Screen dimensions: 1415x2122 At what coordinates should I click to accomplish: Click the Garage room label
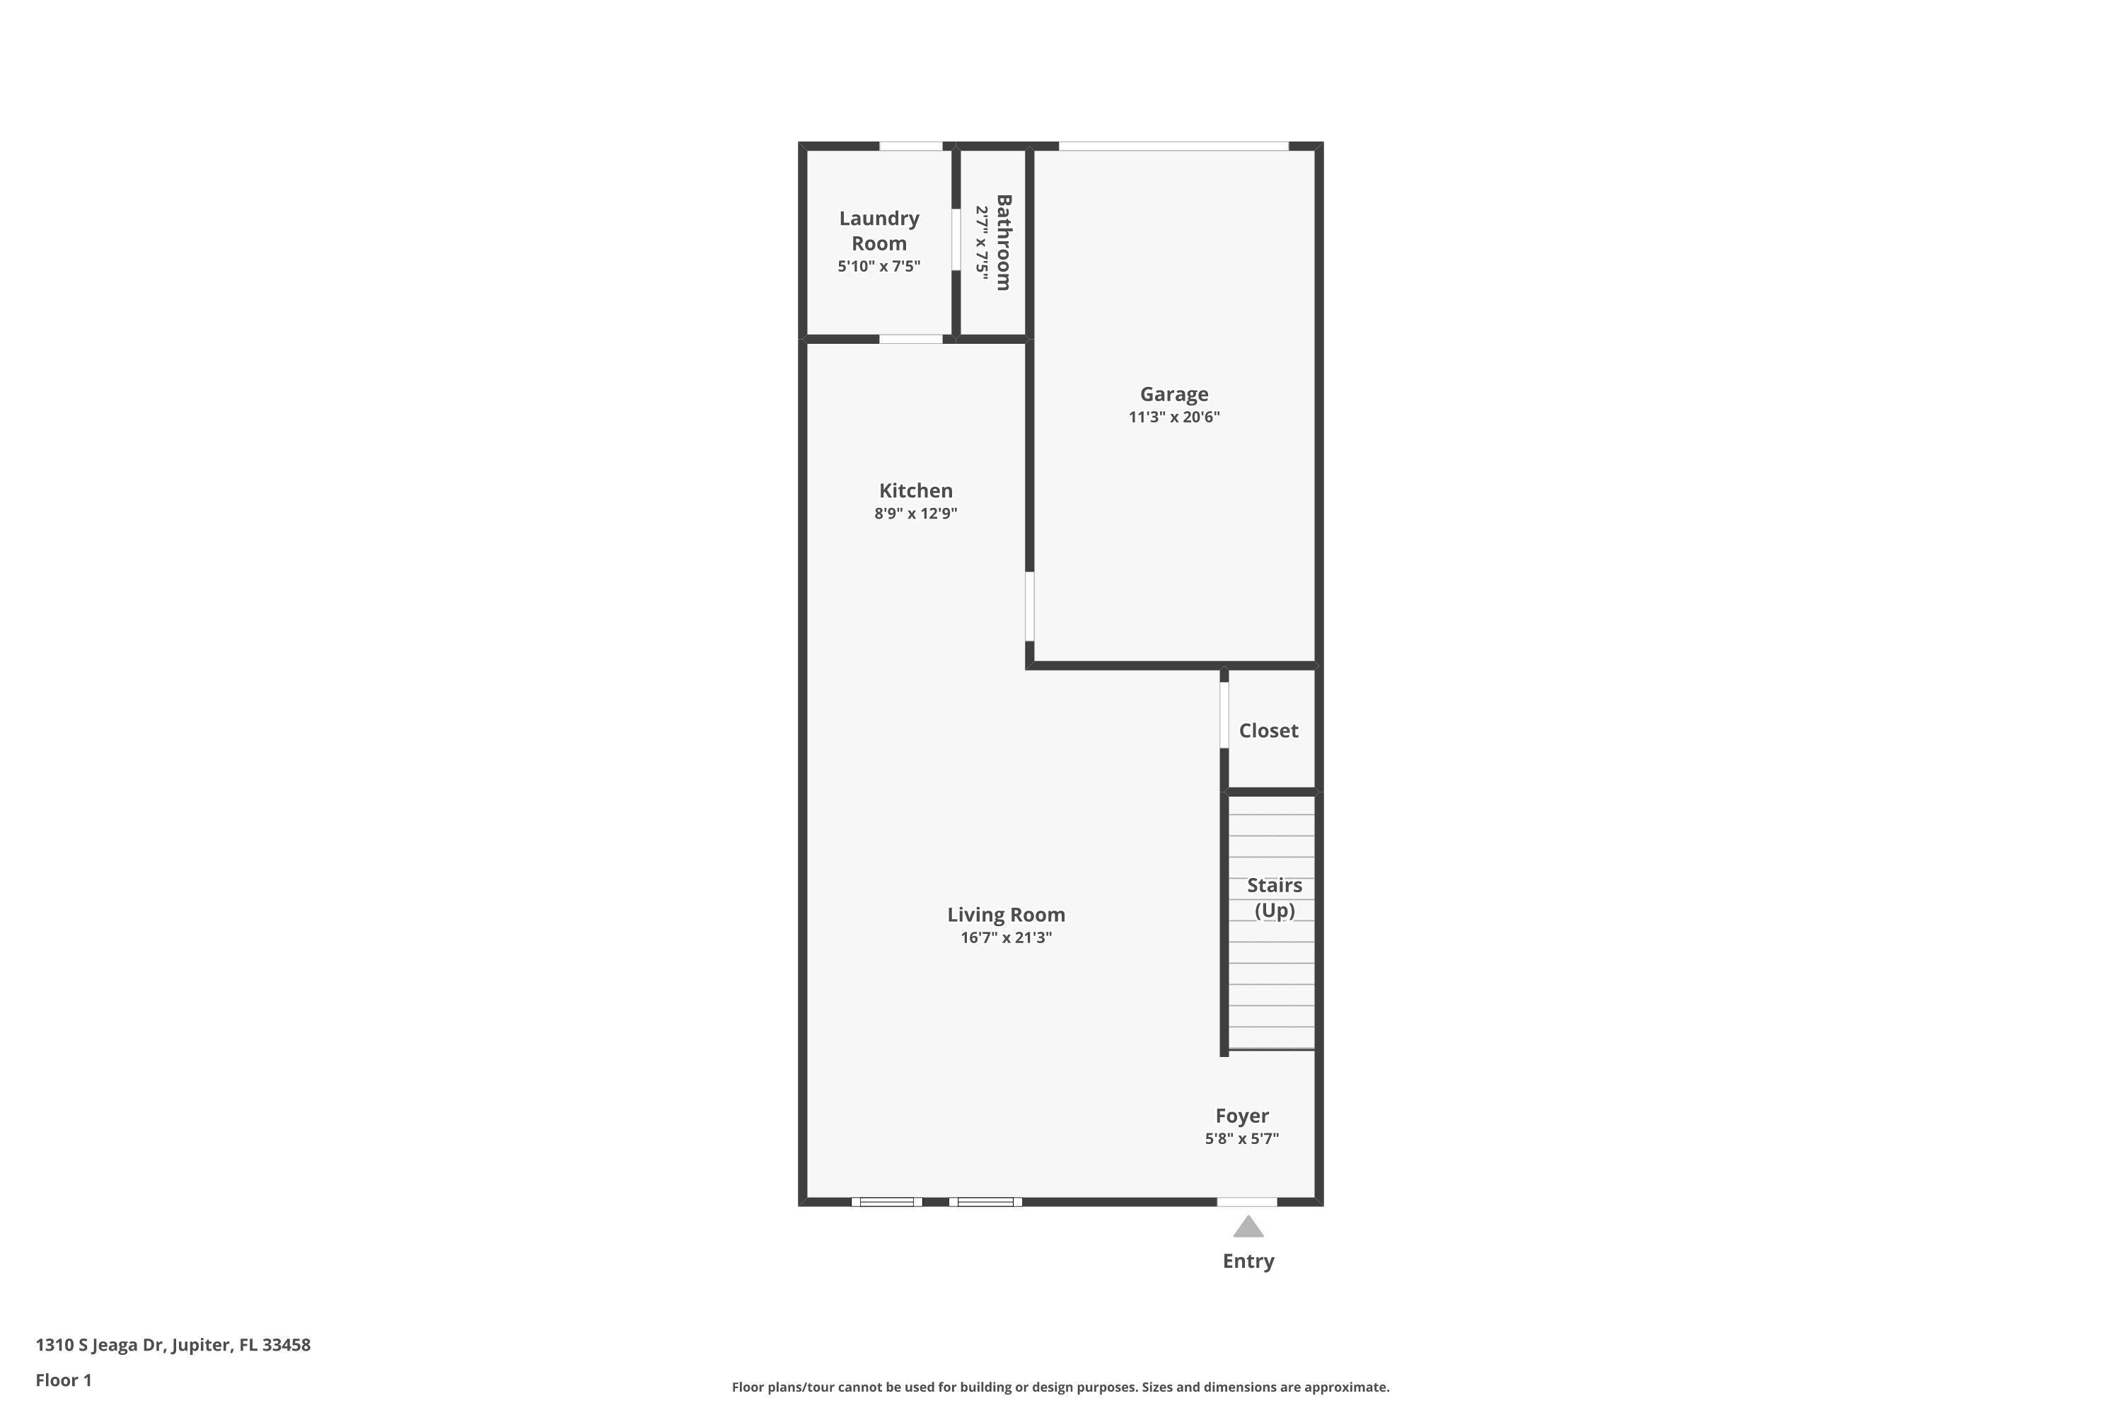[1173, 394]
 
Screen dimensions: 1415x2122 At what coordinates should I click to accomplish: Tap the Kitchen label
[916, 491]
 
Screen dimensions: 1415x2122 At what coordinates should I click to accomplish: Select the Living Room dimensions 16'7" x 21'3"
[1006, 937]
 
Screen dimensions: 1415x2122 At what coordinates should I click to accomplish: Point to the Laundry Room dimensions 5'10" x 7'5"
[879, 266]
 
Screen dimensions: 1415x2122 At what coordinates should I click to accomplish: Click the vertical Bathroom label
[1003, 242]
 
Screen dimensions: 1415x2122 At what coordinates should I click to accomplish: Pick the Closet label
[1268, 731]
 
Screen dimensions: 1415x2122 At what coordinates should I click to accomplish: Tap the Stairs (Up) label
[1274, 897]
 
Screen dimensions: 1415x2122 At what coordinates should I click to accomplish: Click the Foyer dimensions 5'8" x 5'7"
[1241, 1139]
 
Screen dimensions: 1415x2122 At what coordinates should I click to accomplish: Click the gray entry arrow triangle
[1248, 1228]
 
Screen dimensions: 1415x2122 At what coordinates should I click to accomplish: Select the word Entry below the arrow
[1248, 1261]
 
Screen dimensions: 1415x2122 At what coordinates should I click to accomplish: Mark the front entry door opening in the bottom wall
[1247, 1202]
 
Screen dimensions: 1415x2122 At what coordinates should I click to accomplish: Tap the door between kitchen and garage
[1029, 606]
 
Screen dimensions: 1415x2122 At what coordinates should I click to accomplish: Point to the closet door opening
[1224, 715]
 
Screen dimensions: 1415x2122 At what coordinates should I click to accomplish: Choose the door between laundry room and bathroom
[956, 239]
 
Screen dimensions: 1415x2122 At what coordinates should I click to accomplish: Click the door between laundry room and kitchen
[910, 340]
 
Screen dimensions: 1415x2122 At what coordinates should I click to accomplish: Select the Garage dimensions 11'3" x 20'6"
[1173, 417]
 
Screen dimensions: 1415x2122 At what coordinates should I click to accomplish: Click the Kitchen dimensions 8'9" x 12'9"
[916, 514]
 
